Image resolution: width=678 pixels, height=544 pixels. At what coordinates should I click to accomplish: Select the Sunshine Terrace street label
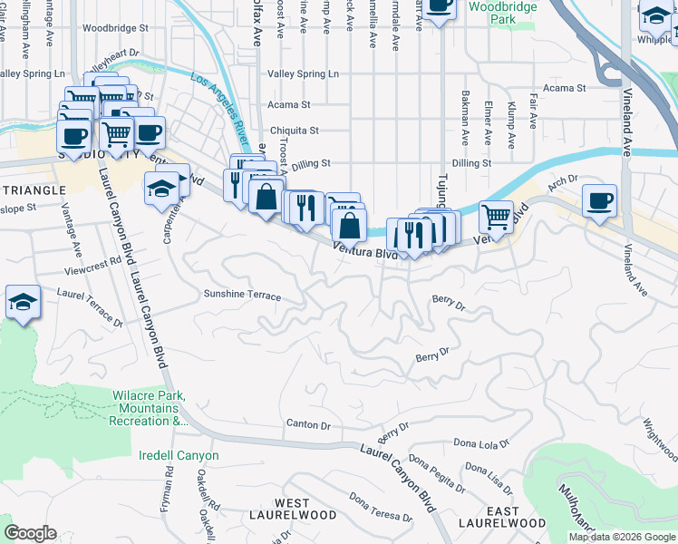(242, 296)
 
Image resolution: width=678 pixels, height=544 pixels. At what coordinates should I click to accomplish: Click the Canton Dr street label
(308, 424)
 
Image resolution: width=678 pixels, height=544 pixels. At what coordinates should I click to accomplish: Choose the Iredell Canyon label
(179, 455)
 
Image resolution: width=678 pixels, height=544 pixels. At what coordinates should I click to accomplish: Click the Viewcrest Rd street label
(92, 266)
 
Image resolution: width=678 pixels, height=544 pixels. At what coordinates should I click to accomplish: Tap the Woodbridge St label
(114, 28)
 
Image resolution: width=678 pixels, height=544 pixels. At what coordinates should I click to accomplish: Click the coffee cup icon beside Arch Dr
(599, 199)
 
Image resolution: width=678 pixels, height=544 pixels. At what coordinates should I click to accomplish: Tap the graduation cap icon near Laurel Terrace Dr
(22, 301)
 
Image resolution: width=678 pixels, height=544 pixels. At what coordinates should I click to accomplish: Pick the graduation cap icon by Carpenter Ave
(161, 188)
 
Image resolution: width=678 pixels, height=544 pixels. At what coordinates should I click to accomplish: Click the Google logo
(29, 533)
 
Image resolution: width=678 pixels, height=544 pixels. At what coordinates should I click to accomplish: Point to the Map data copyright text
(622, 537)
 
